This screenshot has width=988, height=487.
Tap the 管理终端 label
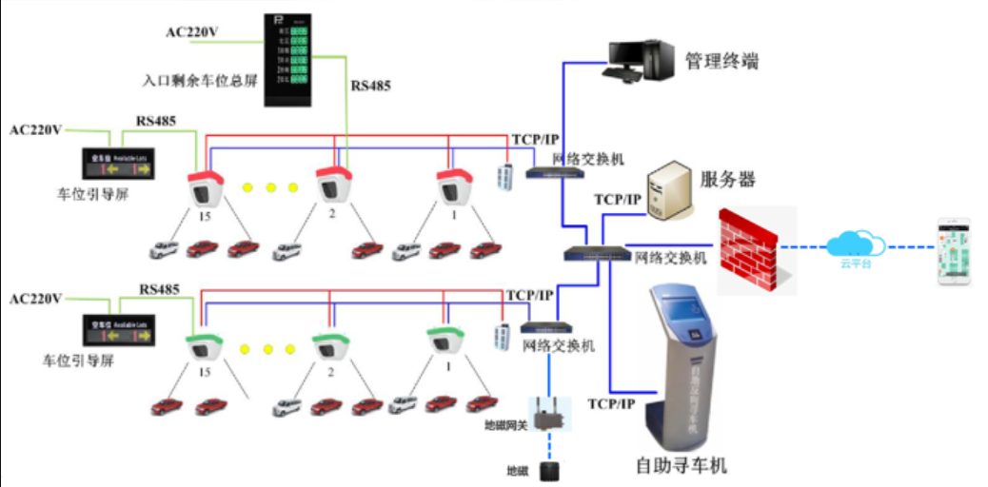tap(721, 63)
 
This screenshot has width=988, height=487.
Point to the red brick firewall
tap(748, 250)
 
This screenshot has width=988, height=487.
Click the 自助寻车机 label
tap(681, 465)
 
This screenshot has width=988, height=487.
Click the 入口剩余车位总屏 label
tap(200, 82)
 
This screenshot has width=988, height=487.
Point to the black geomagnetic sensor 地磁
tap(547, 471)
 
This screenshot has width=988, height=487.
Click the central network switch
tap(595, 254)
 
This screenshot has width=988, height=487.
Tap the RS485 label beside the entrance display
tap(370, 86)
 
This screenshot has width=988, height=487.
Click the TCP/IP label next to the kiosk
tap(612, 404)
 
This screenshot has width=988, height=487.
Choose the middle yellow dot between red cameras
tap(270, 187)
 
